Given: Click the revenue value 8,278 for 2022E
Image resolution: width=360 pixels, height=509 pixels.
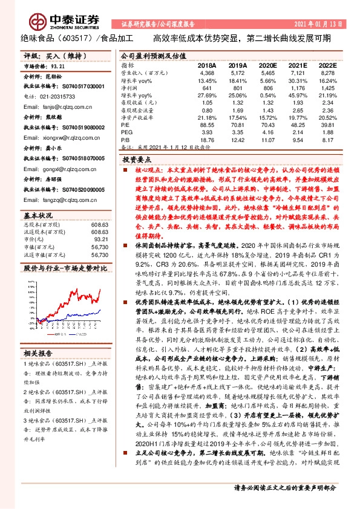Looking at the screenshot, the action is [x=327, y=73].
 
